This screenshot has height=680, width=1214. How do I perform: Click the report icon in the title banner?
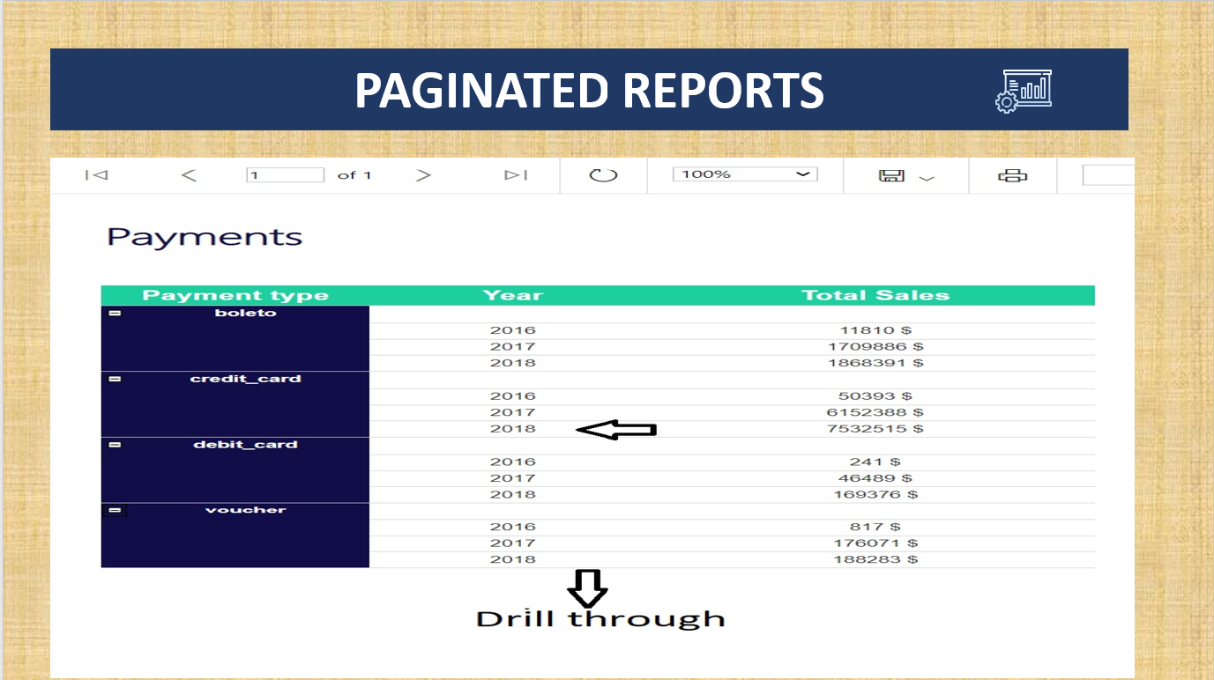point(1024,91)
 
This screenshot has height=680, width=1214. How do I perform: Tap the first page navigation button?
point(96,175)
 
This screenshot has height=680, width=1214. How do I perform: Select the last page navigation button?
point(516,175)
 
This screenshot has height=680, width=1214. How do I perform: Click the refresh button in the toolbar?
point(603,175)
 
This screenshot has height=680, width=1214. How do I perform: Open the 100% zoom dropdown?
point(745,174)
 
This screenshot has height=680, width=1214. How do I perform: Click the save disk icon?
point(891,175)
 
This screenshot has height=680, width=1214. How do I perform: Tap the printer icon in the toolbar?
point(1012,175)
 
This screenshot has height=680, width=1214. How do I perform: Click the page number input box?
point(285,175)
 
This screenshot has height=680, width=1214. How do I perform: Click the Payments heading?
point(205,237)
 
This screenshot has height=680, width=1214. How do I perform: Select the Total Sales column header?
point(875,295)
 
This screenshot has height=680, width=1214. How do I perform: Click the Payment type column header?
point(235,295)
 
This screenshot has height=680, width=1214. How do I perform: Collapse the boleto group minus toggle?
point(115,313)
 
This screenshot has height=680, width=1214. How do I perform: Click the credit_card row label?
point(245,379)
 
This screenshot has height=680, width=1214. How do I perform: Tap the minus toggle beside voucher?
point(115,510)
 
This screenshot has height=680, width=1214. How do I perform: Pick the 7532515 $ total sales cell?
point(875,429)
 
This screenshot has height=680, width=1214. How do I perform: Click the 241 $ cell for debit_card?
point(875,462)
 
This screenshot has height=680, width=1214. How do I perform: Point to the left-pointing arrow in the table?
point(616,430)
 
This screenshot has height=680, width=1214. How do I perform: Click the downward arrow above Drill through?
point(587,588)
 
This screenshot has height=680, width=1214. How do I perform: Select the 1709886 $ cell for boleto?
point(875,346)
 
